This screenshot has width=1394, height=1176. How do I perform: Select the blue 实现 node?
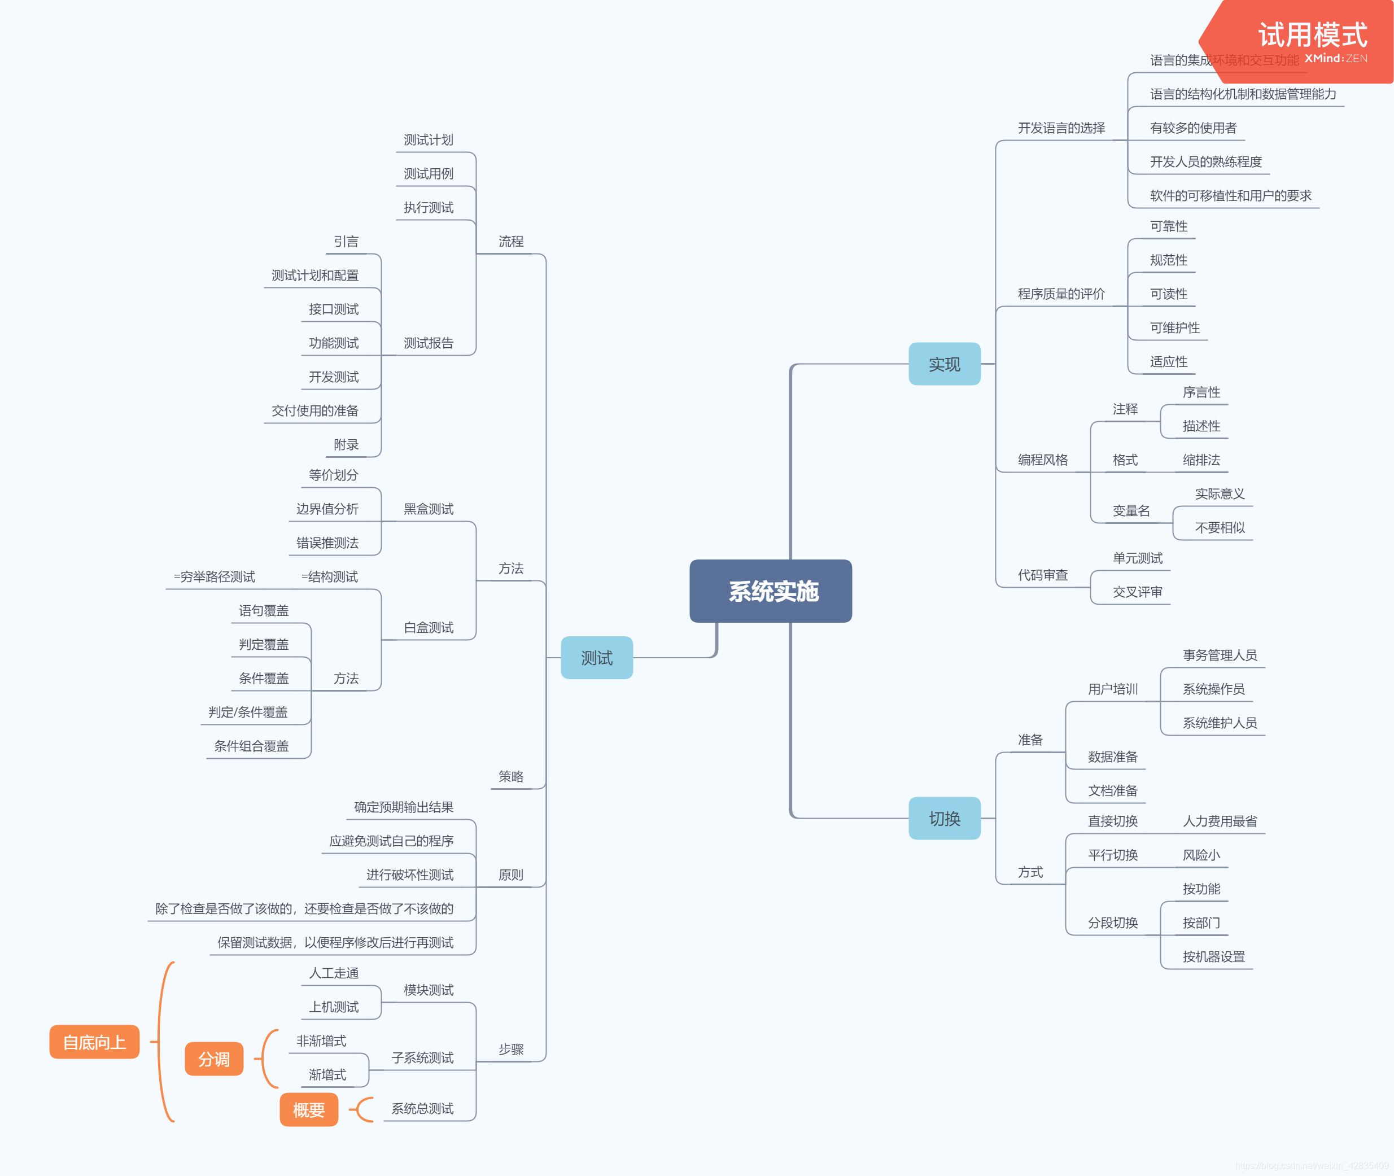click(944, 364)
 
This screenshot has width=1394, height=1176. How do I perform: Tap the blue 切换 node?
click(944, 818)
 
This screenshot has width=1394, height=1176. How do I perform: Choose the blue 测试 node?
click(596, 658)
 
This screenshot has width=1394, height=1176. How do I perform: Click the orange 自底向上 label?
click(94, 1042)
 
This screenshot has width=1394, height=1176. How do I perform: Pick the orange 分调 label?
click(213, 1059)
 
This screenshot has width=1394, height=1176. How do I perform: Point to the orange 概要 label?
click(309, 1110)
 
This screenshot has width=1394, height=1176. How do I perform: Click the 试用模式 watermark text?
click(1312, 34)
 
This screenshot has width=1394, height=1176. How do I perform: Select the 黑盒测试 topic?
click(428, 509)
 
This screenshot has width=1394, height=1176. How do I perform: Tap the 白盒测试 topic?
click(428, 627)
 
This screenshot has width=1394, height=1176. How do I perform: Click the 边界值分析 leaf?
click(327, 509)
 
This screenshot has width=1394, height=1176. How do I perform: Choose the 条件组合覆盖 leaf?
click(251, 746)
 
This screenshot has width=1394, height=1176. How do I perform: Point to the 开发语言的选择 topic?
click(1061, 128)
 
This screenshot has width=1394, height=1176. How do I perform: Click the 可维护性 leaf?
click(1175, 328)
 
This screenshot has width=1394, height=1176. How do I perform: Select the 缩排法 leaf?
click(1201, 460)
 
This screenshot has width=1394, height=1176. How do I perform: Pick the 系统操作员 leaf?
click(1213, 689)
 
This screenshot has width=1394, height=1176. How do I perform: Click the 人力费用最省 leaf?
click(1220, 821)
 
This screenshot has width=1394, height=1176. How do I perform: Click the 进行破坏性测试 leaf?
click(409, 875)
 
